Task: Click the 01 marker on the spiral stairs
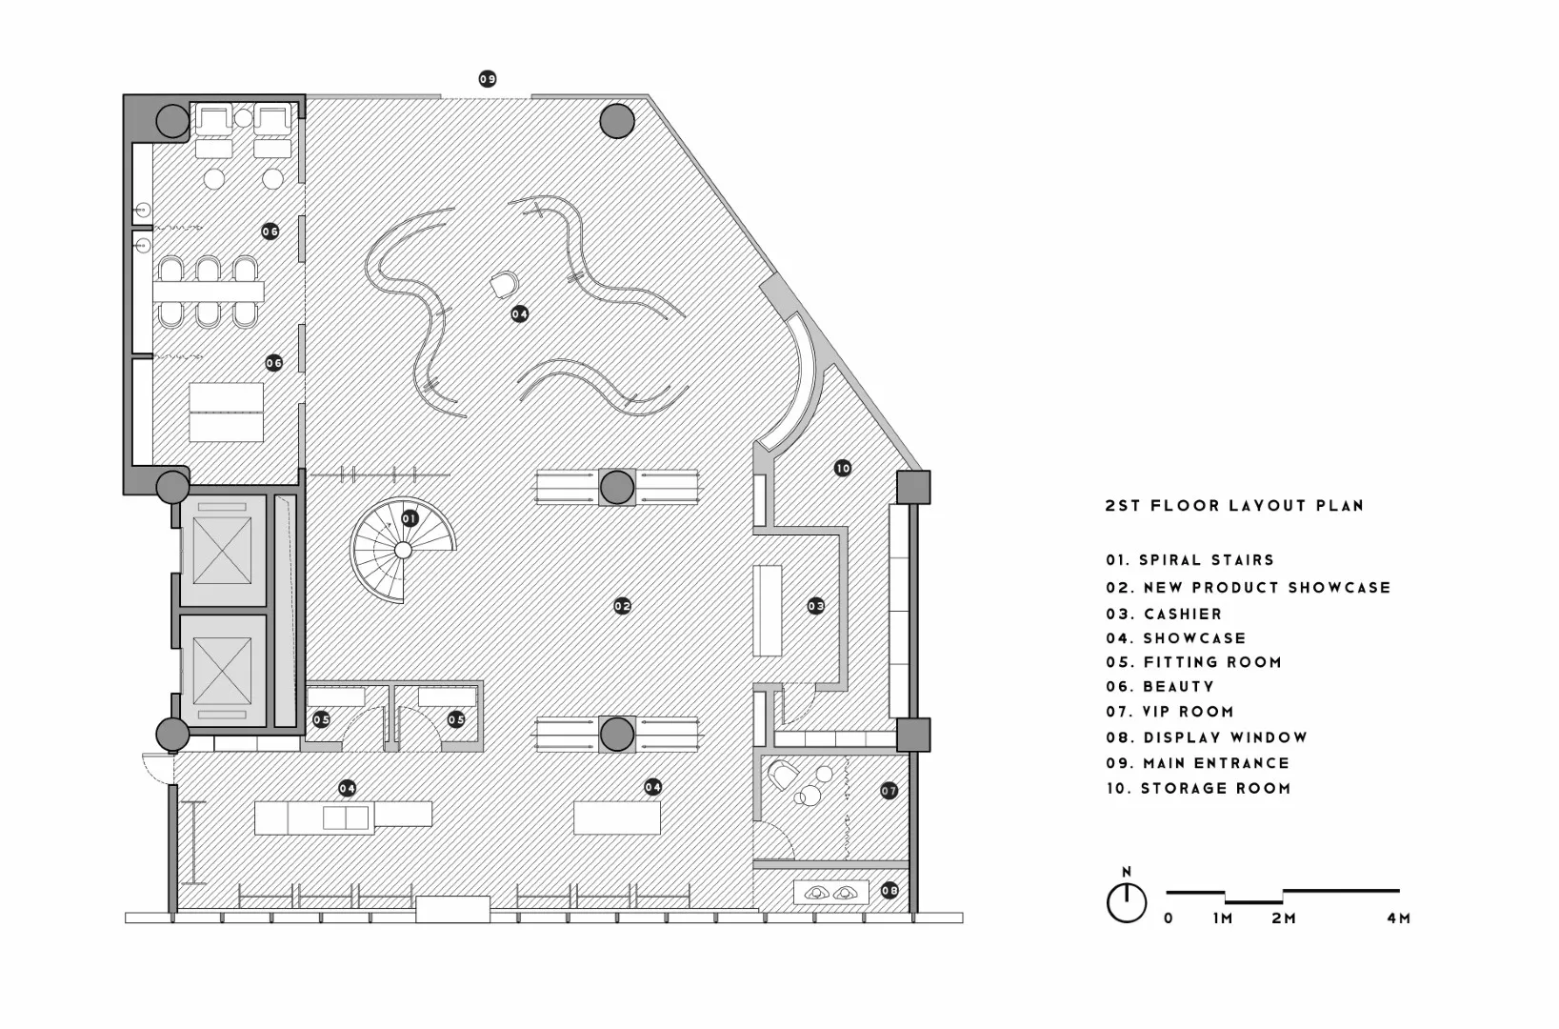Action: (x=410, y=518)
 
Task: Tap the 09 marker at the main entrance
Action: (x=488, y=79)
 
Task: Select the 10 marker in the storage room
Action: (x=842, y=468)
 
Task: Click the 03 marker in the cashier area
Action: (x=816, y=606)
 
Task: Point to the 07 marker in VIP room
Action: (x=889, y=790)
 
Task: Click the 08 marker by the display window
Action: (x=889, y=891)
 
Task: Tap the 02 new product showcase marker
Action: (x=622, y=606)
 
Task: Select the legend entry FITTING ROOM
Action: (x=1212, y=662)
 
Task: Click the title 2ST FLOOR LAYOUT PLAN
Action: (x=1234, y=506)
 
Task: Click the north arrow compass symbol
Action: (x=1127, y=900)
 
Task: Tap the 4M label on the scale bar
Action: (x=1398, y=918)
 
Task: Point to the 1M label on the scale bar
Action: (x=1223, y=918)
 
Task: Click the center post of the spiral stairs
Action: (x=403, y=550)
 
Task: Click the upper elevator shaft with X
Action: (x=222, y=552)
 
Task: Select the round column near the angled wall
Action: (x=617, y=121)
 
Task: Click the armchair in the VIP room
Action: (x=784, y=776)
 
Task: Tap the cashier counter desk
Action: (x=768, y=611)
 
